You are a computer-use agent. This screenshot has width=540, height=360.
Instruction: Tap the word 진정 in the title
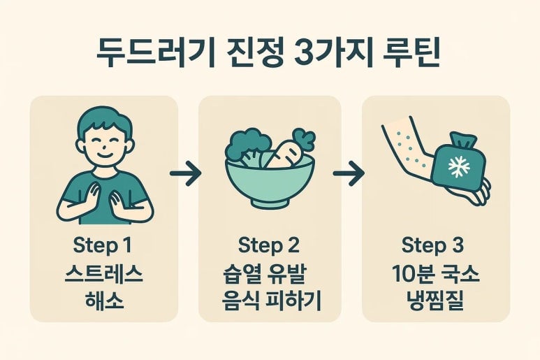tap(255, 54)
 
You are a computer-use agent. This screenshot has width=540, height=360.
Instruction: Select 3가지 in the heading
tap(335, 54)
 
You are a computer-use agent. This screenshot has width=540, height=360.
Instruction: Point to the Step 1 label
tap(102, 246)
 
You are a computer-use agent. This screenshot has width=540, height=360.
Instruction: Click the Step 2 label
tap(269, 246)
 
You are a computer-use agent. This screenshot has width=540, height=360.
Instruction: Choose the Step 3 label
tap(432, 246)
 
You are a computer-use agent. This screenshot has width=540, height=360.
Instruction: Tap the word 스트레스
tap(103, 274)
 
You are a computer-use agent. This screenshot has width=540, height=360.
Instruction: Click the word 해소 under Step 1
tap(103, 300)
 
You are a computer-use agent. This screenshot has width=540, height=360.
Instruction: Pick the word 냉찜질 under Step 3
tap(435, 300)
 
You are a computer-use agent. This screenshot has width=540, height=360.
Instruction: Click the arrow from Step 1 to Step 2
tap(186, 173)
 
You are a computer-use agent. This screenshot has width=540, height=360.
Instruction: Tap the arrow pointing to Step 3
tap(349, 173)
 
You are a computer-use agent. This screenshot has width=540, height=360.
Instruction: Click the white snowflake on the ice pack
tap(459, 166)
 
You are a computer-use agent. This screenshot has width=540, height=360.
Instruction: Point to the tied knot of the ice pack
tap(463, 141)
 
